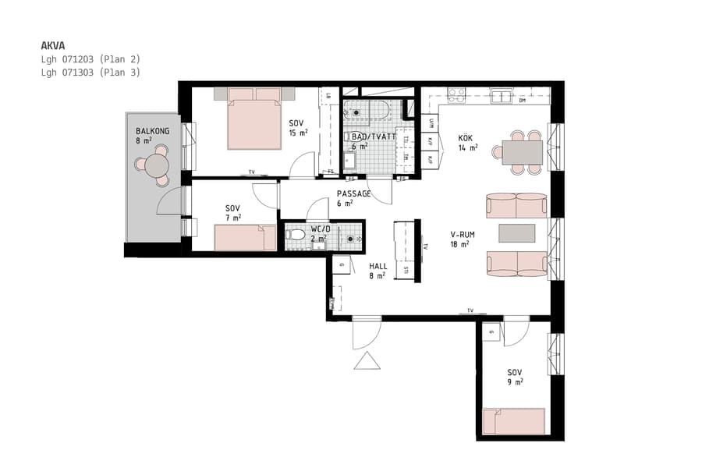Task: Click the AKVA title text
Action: [53, 46]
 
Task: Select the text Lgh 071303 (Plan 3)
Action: [90, 72]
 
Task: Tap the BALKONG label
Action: [152, 131]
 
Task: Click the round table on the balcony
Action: [157, 165]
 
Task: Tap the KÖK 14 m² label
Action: [468, 143]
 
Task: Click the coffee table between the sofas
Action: [516, 233]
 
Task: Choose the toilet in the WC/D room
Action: [295, 234]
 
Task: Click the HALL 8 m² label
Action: [378, 271]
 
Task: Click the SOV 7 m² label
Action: [232, 212]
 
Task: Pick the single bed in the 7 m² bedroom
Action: [245, 238]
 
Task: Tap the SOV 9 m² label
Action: [514, 377]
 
